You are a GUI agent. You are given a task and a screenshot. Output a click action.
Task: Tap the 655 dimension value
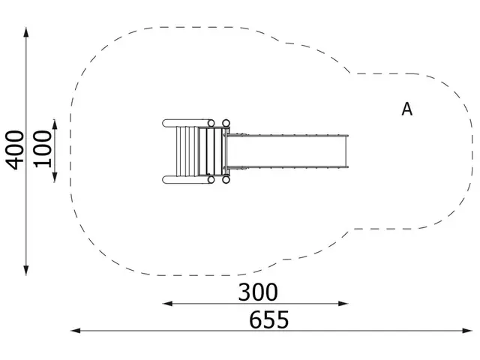(x=268, y=320)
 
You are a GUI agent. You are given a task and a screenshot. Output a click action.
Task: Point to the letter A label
(x=406, y=109)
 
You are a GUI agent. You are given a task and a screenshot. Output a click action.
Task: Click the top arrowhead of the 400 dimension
(x=27, y=32)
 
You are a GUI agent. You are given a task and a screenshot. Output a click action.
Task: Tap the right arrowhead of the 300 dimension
(x=347, y=303)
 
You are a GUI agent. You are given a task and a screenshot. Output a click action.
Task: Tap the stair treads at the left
(x=188, y=151)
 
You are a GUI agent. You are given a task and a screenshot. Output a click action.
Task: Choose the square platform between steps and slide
(x=214, y=151)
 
